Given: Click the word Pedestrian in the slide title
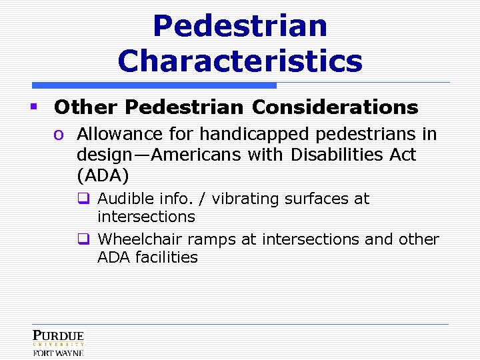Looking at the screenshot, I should tap(240, 27).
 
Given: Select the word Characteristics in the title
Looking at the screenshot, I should tap(240, 61).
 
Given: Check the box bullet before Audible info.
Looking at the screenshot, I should tap(83, 199).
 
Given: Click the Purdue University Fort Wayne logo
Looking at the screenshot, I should tap(58, 343).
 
